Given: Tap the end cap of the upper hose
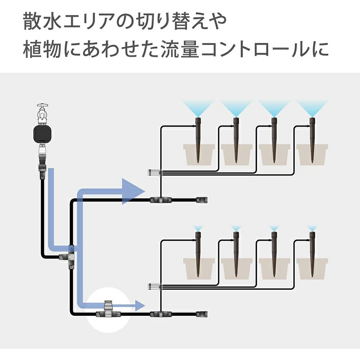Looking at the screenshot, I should [202, 199].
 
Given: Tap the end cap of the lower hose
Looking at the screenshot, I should [202, 314].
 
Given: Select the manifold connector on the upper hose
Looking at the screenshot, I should [157, 199].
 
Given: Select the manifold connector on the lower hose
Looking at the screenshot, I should [157, 314].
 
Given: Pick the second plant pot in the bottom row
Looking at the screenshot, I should [236, 268].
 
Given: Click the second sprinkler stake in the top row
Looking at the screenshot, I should [236, 139].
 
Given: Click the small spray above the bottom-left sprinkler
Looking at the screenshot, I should [197, 228].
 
